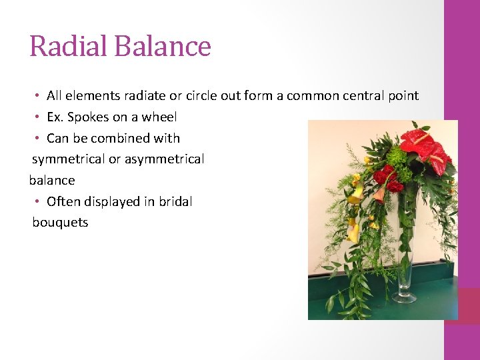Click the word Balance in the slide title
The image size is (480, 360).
coord(163,46)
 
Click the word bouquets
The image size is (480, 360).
coord(60,223)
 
